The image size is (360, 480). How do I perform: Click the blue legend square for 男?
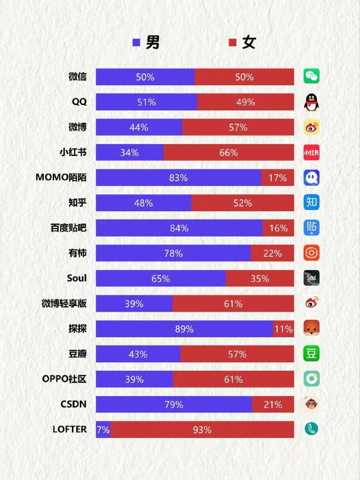click(136, 43)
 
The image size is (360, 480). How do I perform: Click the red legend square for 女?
click(233, 43)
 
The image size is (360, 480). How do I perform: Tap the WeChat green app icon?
click(311, 77)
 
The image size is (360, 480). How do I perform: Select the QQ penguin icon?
click(311, 102)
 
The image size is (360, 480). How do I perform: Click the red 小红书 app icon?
click(311, 152)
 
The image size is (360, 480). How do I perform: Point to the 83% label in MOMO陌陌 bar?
click(178, 178)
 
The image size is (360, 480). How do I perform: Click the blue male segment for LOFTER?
click(103, 430)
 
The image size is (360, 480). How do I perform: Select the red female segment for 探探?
click(284, 329)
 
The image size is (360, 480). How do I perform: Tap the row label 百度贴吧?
click(68, 228)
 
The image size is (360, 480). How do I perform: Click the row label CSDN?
click(73, 404)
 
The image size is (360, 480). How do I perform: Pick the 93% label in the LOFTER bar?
click(202, 430)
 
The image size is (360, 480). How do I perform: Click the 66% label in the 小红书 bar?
click(229, 152)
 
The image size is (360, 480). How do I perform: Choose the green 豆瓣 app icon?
click(311, 354)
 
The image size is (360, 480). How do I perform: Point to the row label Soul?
click(77, 278)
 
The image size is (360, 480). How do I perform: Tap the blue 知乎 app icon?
click(311, 203)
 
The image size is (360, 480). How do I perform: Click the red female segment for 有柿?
click(272, 253)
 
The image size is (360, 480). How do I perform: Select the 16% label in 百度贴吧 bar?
click(278, 228)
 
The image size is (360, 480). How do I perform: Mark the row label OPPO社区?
click(64, 379)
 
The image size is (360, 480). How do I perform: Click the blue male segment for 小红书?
click(129, 152)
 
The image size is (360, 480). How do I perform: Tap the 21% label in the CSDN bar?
click(273, 404)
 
